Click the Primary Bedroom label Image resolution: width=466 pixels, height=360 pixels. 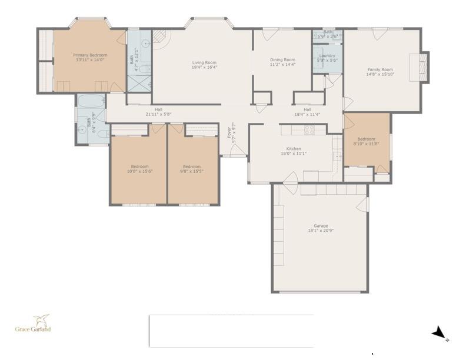point(91,55)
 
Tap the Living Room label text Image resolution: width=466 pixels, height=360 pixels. point(204,62)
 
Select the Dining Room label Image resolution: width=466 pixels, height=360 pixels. point(282,59)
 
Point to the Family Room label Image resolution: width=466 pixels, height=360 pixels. point(380,69)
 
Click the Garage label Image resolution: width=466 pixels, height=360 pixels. point(321,225)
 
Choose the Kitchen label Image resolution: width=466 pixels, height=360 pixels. point(294,149)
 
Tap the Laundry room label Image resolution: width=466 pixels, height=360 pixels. point(327,56)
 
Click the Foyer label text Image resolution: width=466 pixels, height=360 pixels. point(230,134)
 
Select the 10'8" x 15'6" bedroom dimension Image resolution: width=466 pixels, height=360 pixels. point(139,171)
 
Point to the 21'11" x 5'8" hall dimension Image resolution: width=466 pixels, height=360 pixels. point(158,114)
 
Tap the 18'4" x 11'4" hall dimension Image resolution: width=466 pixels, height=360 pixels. point(307,114)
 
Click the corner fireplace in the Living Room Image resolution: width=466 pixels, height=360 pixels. point(159,39)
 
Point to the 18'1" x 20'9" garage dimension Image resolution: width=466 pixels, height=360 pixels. point(321,231)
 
